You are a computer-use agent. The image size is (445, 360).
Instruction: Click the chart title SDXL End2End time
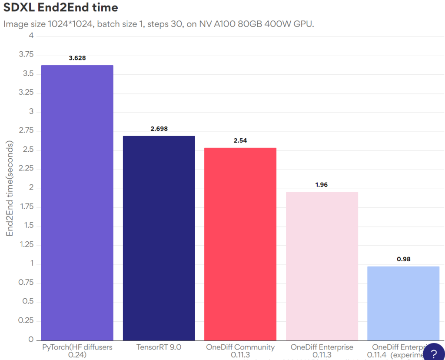[x=61, y=7]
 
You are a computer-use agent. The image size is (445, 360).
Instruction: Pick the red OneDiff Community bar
[x=240, y=244]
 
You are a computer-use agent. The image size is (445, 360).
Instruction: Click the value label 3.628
[x=77, y=58]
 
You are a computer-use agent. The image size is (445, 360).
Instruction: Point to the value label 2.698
[x=159, y=129]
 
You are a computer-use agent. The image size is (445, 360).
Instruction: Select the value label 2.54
[x=240, y=140]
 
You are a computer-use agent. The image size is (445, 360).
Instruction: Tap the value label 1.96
[x=322, y=185]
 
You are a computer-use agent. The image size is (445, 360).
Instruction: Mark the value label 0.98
[x=403, y=259]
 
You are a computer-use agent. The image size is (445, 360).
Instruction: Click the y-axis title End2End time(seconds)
[x=10, y=188]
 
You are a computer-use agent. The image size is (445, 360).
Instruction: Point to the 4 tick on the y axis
[x=31, y=36]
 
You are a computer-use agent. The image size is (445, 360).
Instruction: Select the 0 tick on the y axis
[x=31, y=340]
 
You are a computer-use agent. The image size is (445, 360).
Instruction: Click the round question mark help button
[x=433, y=353]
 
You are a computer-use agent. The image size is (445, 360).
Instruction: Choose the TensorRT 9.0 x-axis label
[x=159, y=347]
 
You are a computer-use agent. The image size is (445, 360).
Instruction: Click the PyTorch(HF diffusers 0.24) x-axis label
[x=77, y=351]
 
